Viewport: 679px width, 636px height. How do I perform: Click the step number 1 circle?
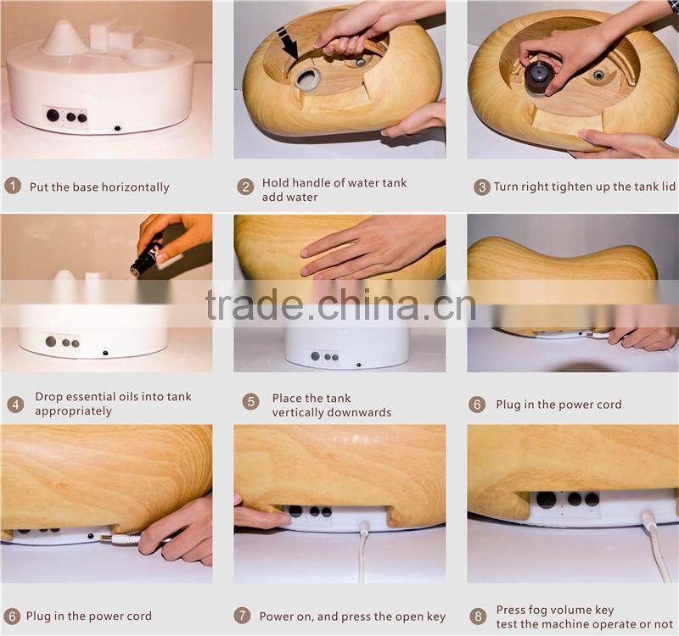(x=13, y=187)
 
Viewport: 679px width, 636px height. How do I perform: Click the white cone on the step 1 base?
(x=63, y=38)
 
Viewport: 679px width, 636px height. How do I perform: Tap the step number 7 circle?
(x=244, y=616)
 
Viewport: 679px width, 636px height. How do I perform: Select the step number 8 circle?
(x=478, y=616)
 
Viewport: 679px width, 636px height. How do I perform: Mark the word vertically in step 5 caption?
(x=301, y=412)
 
